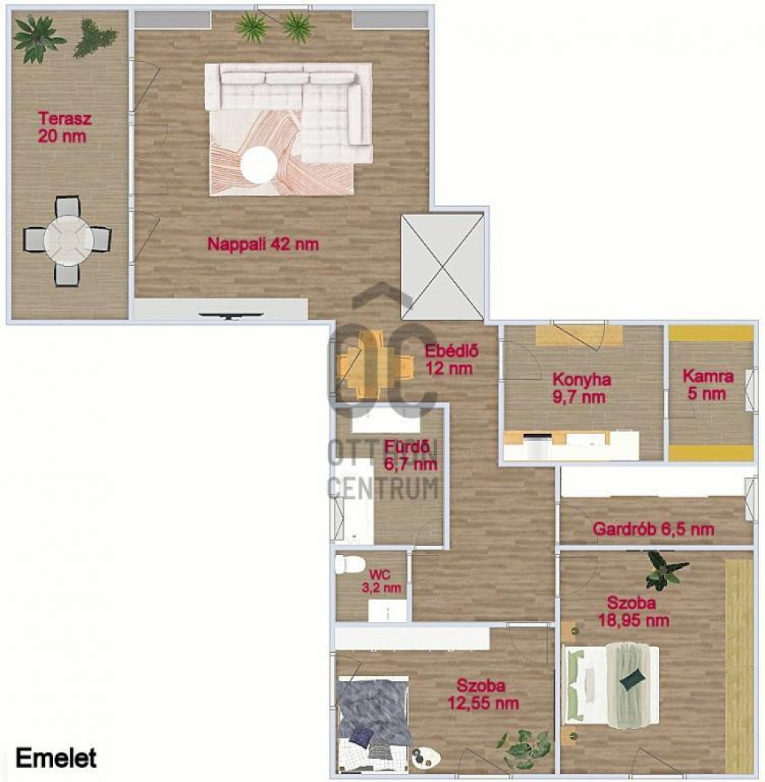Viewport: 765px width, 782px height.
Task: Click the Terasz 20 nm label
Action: (x=63, y=128)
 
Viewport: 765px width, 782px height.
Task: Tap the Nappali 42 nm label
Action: (x=263, y=244)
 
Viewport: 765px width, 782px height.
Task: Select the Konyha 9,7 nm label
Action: (x=581, y=388)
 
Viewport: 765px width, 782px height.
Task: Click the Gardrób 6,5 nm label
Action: (x=653, y=529)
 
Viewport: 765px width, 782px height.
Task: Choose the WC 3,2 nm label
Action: (x=382, y=582)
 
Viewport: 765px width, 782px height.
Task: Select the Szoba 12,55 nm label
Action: (x=483, y=694)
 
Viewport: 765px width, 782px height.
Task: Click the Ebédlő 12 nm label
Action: (x=450, y=359)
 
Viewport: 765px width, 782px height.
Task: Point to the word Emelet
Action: (x=56, y=758)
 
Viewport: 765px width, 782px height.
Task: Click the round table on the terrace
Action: (x=68, y=241)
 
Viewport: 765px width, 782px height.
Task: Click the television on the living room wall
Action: (x=230, y=314)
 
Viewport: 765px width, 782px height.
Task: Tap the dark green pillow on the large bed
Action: (x=632, y=680)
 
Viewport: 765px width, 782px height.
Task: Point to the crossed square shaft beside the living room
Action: (x=442, y=267)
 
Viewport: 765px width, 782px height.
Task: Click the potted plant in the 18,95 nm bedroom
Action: (x=666, y=571)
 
